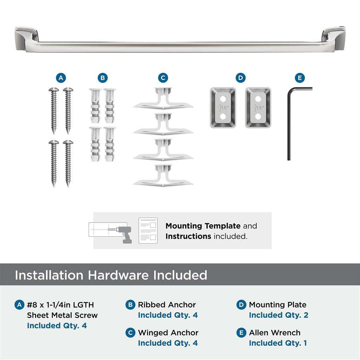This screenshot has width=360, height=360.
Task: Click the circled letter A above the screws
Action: coord(61,78)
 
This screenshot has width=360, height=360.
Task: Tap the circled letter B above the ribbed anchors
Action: coord(102,78)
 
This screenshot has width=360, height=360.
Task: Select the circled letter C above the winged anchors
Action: coord(163,78)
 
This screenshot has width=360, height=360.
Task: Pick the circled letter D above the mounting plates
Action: coord(240,78)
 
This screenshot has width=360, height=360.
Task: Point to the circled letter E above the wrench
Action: coord(300,78)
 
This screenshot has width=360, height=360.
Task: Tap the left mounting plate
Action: coord(223,108)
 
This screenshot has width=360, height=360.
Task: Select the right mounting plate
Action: coord(258,108)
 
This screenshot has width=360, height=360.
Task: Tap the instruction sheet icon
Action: coord(148,231)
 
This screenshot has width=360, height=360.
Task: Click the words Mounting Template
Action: coord(203,226)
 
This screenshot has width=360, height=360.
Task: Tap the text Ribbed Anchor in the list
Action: coord(167,305)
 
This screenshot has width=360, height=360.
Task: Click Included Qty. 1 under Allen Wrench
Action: coord(278,343)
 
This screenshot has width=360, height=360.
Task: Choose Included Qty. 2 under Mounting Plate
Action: coord(278,315)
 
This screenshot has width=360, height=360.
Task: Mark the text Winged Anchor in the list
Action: coord(168,333)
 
